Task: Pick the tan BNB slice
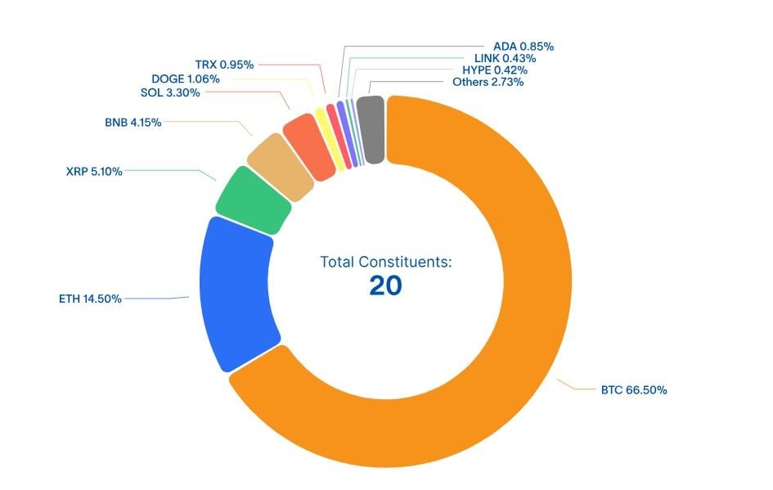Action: (x=281, y=166)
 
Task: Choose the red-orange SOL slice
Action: (x=309, y=145)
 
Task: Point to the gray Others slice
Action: (x=371, y=129)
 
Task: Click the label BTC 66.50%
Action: (x=634, y=390)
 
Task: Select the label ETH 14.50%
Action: (x=90, y=299)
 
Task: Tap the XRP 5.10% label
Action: (x=94, y=172)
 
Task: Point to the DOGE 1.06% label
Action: (x=185, y=79)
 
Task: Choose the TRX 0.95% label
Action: (x=224, y=64)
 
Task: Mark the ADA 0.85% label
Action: (x=524, y=47)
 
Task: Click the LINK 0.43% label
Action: (x=505, y=58)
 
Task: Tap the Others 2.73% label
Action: (x=488, y=82)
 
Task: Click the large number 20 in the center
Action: (x=385, y=285)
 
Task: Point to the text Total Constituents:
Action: (x=385, y=262)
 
